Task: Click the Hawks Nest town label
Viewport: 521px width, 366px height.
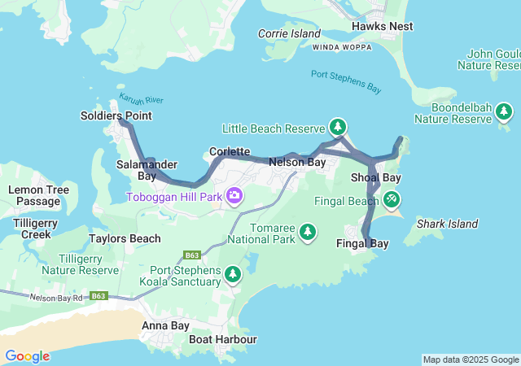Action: [x=382, y=26]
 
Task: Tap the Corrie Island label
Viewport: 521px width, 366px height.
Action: [x=289, y=33]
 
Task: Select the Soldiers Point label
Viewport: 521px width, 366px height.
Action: [x=116, y=115]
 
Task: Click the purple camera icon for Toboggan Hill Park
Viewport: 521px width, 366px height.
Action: [x=234, y=195]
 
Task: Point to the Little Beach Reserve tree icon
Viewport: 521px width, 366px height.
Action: [x=338, y=127]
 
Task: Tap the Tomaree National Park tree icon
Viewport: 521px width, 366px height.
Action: [x=308, y=233]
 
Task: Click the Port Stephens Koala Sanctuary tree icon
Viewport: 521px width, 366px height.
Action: [x=233, y=274]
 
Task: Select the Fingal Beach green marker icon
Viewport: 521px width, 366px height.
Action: [x=392, y=198]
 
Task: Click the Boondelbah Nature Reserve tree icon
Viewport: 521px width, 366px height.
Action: [x=504, y=111]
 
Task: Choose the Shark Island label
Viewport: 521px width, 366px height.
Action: [x=446, y=224]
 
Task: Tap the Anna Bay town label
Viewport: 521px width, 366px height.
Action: [x=165, y=325]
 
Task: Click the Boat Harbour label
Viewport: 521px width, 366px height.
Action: [x=222, y=339]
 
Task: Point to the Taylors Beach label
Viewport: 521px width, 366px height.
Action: [x=125, y=238]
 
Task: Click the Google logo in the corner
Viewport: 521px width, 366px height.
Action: [x=27, y=356]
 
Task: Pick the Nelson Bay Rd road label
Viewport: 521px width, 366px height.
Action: [x=56, y=298]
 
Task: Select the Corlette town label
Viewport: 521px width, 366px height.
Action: [x=229, y=151]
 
